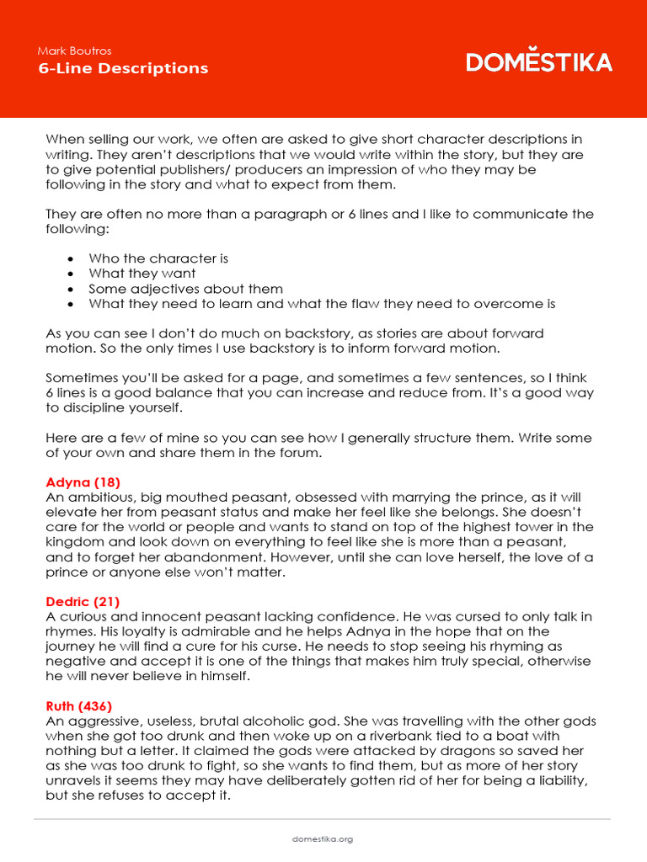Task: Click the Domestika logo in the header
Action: (x=539, y=62)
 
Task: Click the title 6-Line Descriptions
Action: (x=123, y=68)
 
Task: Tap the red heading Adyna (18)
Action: (x=83, y=482)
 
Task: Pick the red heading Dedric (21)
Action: (x=83, y=601)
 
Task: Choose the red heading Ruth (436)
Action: (x=78, y=705)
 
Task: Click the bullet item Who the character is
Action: (x=158, y=258)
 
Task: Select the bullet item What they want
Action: (x=142, y=274)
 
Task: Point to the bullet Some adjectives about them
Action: (x=185, y=289)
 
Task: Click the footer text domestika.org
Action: (x=323, y=839)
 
